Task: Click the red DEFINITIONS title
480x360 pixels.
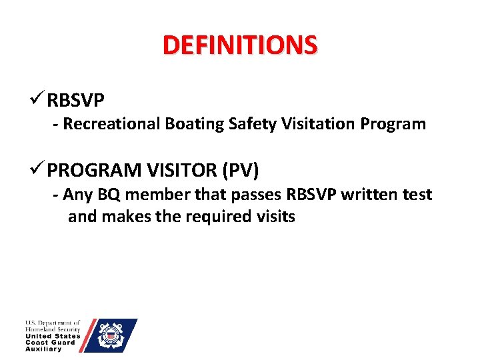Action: coord(240,45)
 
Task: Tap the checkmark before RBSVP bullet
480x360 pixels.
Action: coord(37,99)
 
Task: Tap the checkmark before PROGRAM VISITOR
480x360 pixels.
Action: coord(37,170)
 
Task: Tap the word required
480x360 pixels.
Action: coord(219,217)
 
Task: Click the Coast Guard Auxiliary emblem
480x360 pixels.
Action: coord(111,335)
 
